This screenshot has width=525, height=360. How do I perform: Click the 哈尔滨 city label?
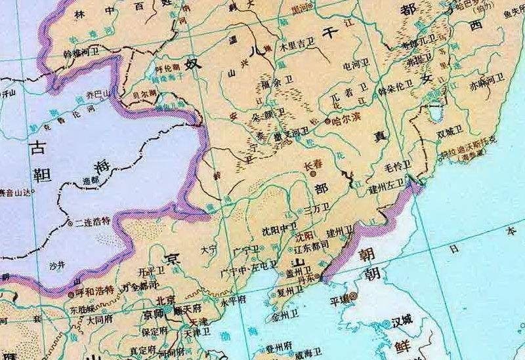click(345, 122)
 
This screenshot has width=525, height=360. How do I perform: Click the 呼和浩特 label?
click(94, 289)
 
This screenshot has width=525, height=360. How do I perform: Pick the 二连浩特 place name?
click(91, 222)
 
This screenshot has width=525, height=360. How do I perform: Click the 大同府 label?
click(100, 321)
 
